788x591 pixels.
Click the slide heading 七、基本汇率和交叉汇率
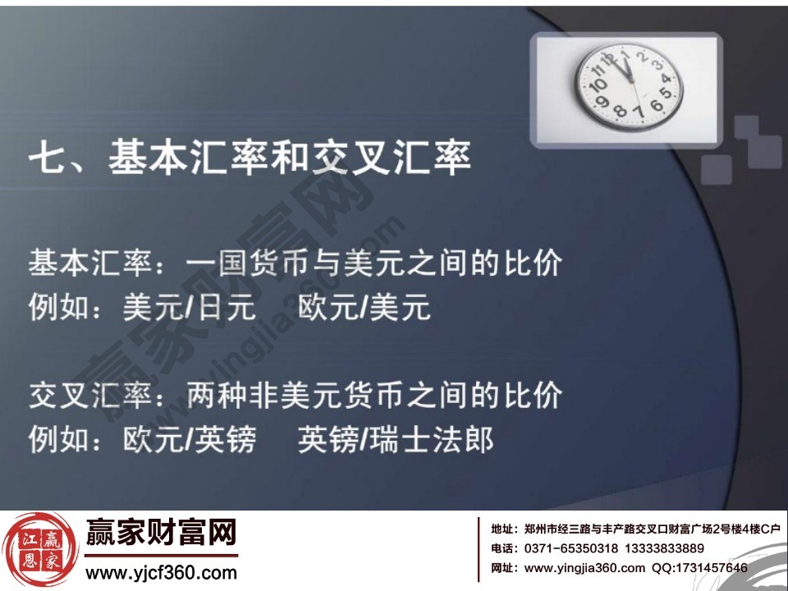tap(250, 158)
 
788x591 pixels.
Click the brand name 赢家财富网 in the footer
tap(161, 534)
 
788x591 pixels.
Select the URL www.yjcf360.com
tap(161, 572)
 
